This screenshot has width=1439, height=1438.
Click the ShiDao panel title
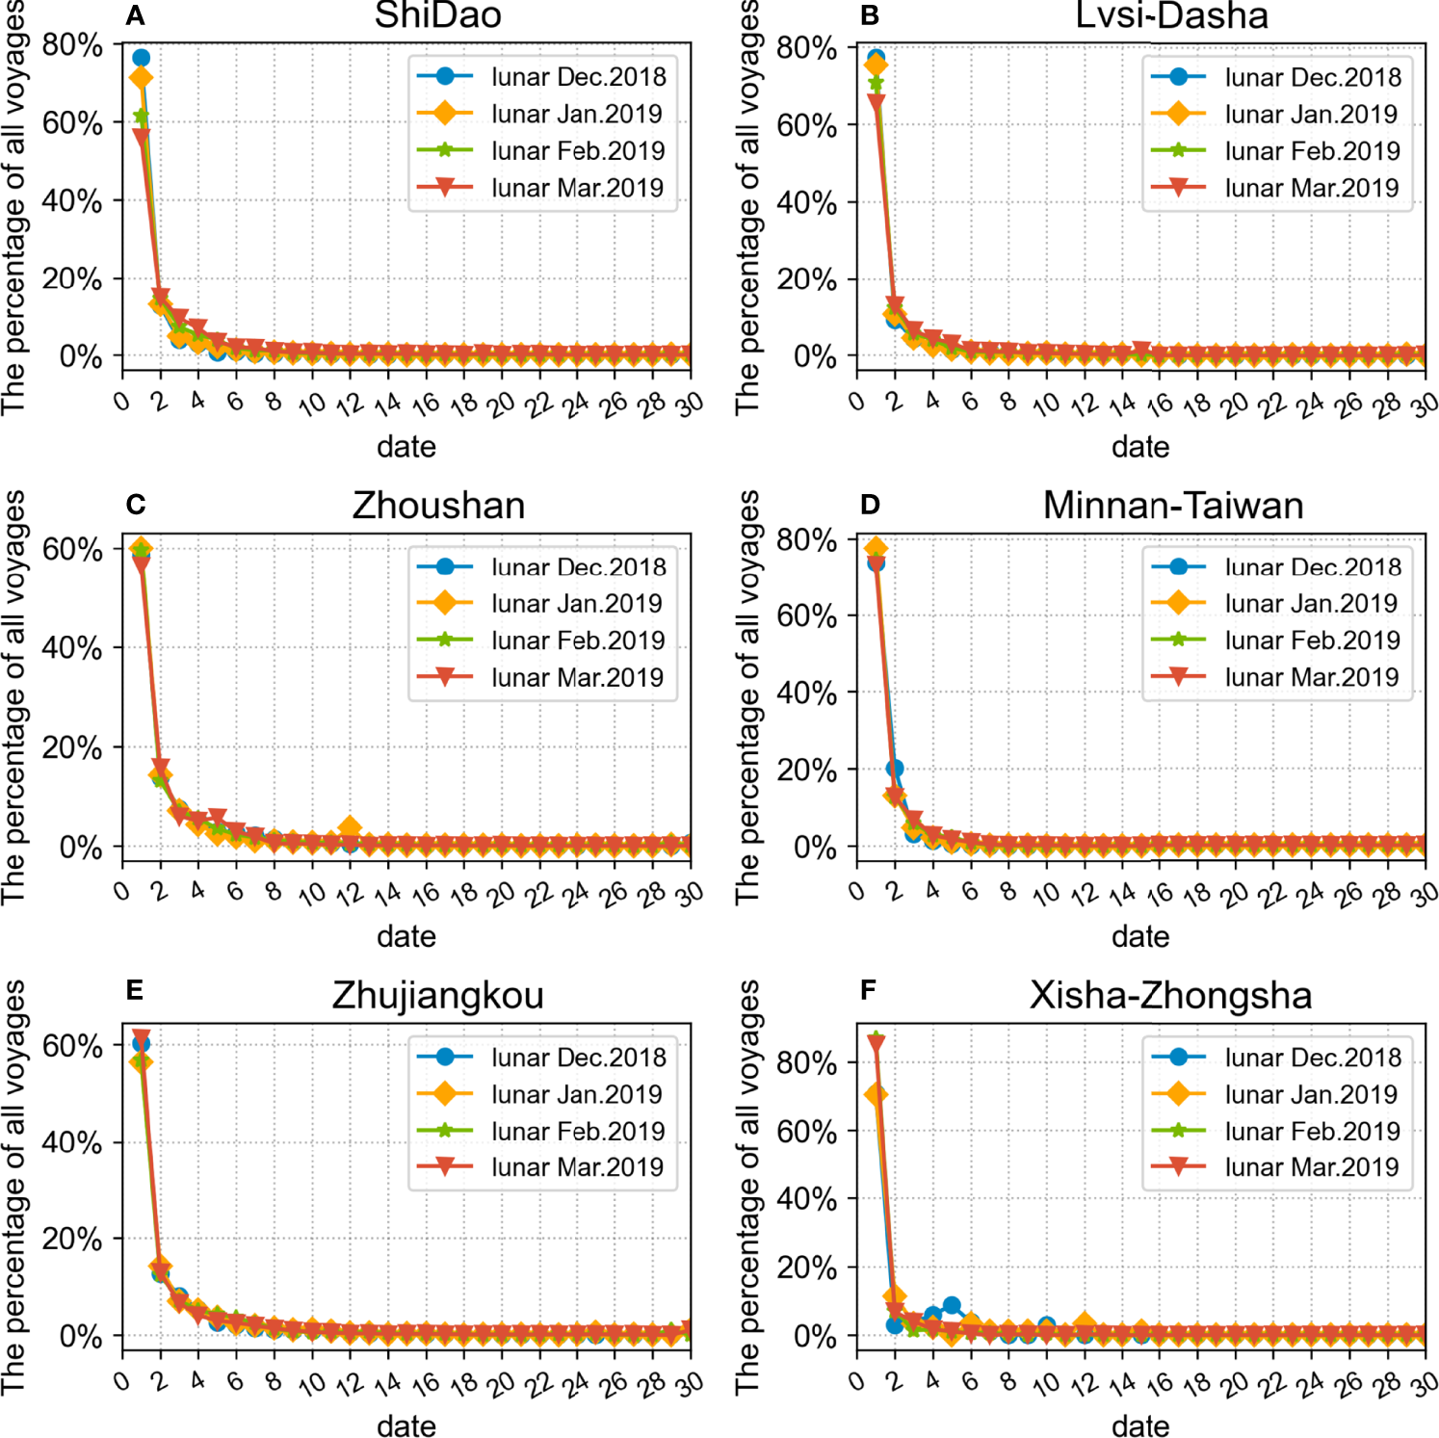437,15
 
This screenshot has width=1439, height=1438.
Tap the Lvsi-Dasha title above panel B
1171,15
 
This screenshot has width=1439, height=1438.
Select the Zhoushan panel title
438,506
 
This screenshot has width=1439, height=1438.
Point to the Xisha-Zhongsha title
1170,995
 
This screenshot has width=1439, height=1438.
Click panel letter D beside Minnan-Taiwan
870,505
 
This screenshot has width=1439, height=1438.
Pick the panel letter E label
135,990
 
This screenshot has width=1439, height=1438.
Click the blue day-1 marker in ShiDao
141,58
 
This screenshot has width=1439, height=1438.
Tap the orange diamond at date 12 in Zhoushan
350,827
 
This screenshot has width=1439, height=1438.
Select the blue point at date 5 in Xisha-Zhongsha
952,1306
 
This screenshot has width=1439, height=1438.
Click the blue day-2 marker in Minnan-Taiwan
895,768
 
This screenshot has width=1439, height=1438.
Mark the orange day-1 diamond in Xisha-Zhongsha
876,1095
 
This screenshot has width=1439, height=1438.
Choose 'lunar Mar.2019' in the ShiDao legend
577,188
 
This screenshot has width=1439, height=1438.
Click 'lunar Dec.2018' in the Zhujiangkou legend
578,1058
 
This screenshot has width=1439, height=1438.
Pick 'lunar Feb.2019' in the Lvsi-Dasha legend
1312,151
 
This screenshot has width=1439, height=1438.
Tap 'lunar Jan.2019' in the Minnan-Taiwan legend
1311,604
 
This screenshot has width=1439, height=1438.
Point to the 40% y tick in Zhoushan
71,648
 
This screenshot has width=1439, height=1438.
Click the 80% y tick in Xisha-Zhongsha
806,1063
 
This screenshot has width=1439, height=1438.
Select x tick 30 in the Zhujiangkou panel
690,1384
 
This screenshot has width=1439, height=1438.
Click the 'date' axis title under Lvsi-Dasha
1140,447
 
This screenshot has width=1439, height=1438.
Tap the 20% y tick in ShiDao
71,279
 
